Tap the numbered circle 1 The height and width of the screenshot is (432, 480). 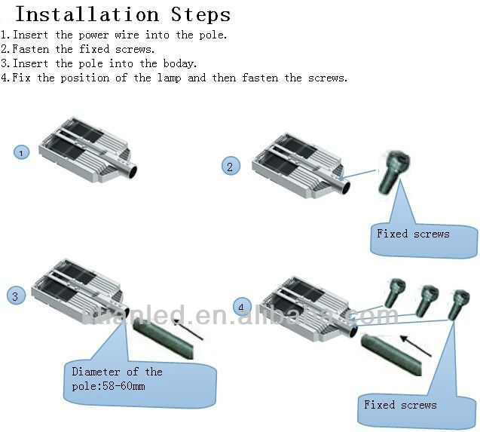pos(22,153)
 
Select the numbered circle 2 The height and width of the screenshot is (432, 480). pos(231,167)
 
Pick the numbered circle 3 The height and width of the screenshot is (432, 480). pos(16,296)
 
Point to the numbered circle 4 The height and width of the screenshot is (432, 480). pos(241,307)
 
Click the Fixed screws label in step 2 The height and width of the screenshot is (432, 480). pos(413,234)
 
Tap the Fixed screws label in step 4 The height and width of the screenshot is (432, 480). pos(400,405)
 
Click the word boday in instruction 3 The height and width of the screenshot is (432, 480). pos(179,64)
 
